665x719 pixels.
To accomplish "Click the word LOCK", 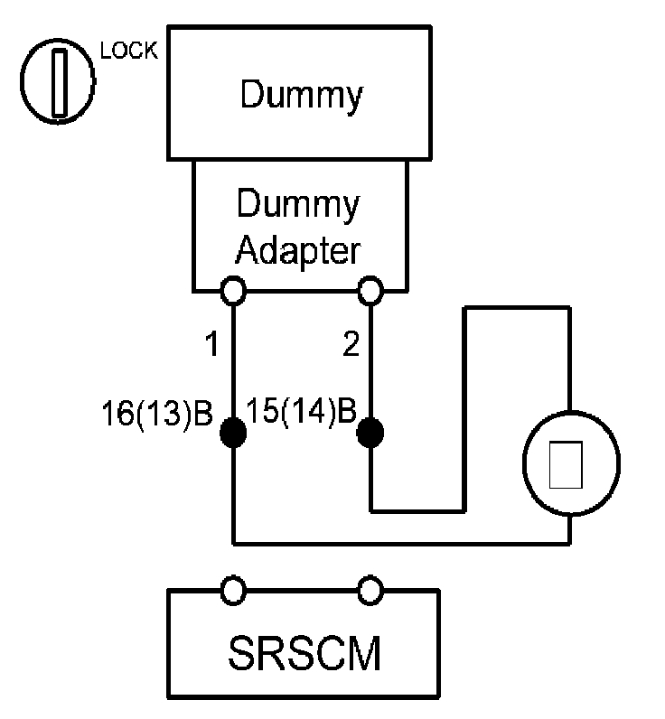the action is [129, 51].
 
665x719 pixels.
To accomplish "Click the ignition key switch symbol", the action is [58, 81].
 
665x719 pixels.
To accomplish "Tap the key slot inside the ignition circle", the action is [59, 82].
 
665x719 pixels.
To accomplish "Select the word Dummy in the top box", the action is [301, 95].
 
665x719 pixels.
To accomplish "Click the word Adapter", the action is [298, 251].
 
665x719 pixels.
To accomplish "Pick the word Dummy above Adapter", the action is [298, 204].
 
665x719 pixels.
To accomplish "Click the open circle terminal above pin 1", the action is [233, 291].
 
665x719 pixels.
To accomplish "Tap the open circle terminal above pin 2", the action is [370, 291].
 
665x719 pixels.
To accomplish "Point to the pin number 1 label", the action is [212, 344].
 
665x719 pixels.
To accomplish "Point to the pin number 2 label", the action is [351, 344].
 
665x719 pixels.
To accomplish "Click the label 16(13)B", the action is [157, 414].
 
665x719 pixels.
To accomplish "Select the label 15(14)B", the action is [301, 411].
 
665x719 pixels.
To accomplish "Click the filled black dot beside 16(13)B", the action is [233, 433].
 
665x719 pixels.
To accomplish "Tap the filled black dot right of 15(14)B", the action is [370, 433].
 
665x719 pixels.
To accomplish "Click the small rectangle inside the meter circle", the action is [566, 464].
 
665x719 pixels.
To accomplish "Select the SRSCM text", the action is [304, 653].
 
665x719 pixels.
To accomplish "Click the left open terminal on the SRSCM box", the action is [233, 590].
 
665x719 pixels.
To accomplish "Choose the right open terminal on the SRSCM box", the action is [370, 590].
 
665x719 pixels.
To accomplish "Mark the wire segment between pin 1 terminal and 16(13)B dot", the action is [233, 361].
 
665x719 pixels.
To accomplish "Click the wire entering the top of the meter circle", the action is [569, 359].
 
